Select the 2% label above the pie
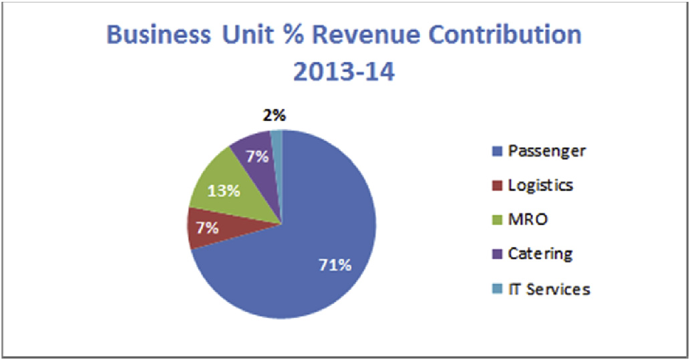pyautogui.click(x=274, y=116)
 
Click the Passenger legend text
pyautogui.click(x=546, y=150)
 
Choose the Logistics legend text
pyautogui.click(x=540, y=185)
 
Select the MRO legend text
pyautogui.click(x=528, y=220)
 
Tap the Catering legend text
pyautogui.click(x=540, y=254)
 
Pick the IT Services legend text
pyautogui.click(x=548, y=289)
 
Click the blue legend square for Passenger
pyautogui.click(x=496, y=151)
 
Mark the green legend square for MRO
pyautogui.click(x=496, y=220)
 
